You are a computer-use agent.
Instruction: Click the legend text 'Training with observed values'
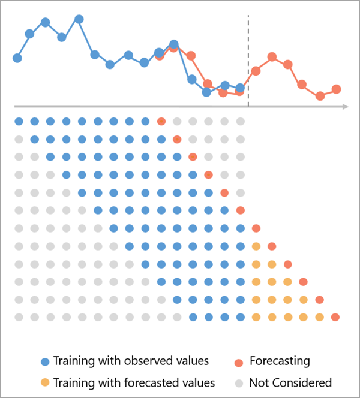131,361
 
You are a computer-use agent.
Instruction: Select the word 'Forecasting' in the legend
280,361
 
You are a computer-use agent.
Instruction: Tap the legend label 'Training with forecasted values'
134,382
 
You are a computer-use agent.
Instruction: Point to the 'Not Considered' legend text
290,382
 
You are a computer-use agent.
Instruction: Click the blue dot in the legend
44,362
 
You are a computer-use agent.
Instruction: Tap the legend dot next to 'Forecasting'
239,362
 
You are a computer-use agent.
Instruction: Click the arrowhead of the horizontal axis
346,107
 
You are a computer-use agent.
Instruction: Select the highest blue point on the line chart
79,19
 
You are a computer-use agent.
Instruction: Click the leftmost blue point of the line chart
17,58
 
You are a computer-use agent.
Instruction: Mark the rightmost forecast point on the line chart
336,89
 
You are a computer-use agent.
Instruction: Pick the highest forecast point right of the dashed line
272,56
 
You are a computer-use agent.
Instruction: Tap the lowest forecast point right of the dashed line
320,96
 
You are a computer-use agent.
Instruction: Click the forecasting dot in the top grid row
161,122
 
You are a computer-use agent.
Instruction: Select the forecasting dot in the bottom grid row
335,317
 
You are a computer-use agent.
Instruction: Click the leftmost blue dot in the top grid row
19,122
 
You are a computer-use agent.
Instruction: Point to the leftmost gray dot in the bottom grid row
19,317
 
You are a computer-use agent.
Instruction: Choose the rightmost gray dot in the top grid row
240,122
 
